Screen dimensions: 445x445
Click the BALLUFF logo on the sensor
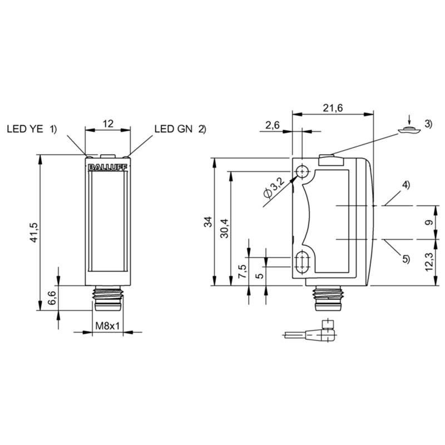point(108,167)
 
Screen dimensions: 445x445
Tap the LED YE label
point(25,129)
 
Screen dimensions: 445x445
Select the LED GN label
point(174,129)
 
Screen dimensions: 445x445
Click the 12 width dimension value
point(108,123)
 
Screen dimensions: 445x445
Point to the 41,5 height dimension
point(34,232)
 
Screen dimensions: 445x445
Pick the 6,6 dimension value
point(52,298)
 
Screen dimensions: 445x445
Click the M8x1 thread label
point(107,327)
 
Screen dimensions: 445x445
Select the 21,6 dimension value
point(333,108)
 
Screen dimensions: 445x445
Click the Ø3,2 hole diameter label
point(274,187)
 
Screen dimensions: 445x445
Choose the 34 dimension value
point(208,222)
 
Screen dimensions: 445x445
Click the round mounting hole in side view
point(303,171)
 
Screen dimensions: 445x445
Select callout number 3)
point(428,123)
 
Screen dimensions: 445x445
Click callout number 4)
point(406,185)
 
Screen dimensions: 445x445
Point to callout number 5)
point(406,259)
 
